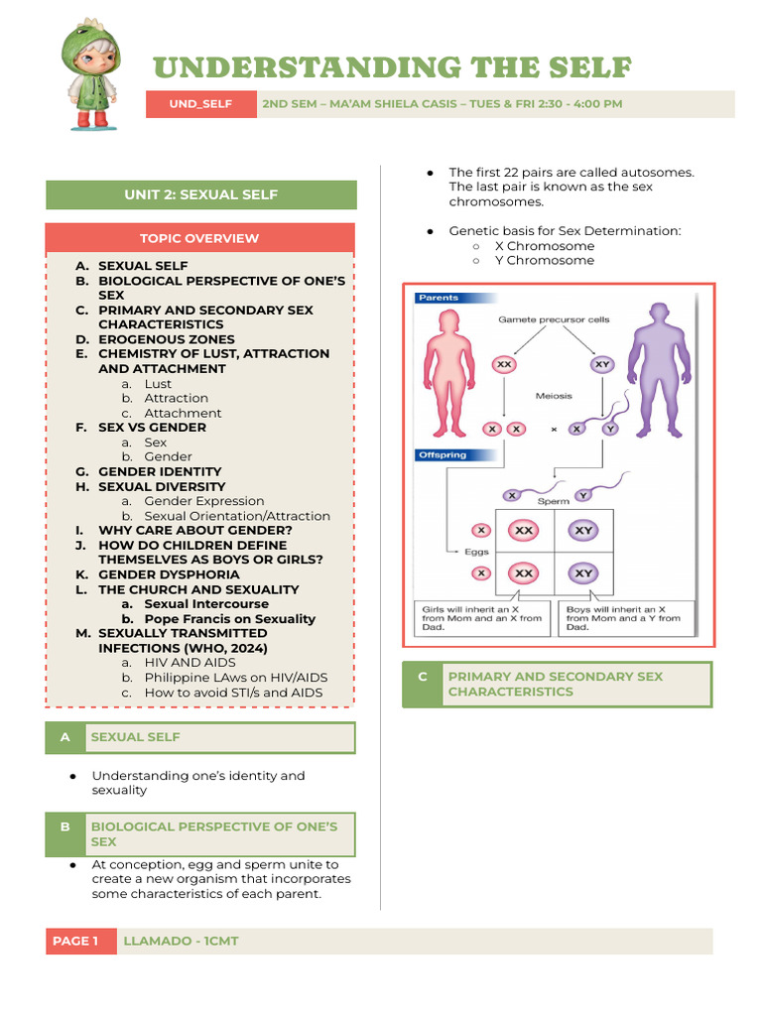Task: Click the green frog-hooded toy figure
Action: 88,75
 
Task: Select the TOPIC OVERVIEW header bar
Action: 199,238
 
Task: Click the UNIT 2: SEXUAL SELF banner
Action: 200,194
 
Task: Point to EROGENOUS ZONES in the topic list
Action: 166,339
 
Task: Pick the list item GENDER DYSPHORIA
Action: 169,574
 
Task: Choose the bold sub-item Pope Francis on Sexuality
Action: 229,618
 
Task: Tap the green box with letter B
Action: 64,833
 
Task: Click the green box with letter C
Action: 422,684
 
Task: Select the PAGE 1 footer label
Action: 76,941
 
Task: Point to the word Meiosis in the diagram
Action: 554,395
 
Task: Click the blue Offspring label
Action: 442,455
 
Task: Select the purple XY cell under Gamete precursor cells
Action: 602,364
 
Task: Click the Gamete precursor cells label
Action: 554,319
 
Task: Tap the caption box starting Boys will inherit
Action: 629,618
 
